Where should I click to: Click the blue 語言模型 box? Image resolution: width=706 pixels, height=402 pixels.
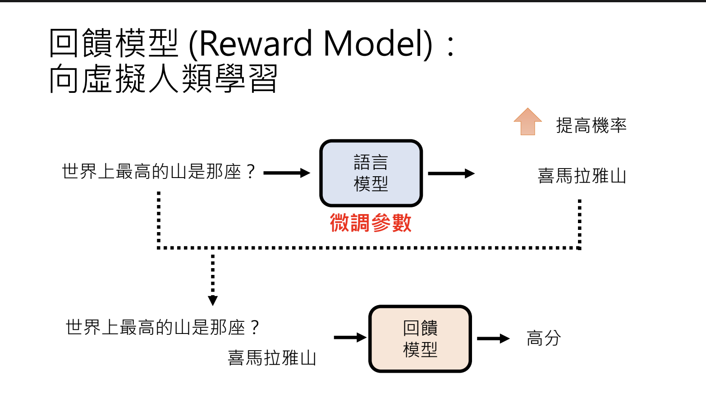click(x=371, y=173)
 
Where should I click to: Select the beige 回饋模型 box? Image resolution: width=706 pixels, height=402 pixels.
click(x=420, y=339)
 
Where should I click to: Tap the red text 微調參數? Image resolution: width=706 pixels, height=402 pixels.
click(x=371, y=223)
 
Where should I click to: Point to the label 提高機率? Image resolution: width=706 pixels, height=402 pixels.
click(x=591, y=125)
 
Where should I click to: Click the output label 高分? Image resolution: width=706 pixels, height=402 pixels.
click(x=544, y=338)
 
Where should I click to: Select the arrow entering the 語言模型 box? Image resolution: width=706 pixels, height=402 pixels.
click(x=287, y=173)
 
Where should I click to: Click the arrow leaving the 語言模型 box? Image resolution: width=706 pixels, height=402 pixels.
click(x=451, y=174)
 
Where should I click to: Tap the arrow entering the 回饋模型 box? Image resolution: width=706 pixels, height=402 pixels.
click(x=350, y=338)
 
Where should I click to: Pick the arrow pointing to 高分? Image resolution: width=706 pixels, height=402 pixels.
click(x=493, y=338)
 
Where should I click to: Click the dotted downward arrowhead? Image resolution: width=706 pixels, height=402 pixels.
click(x=213, y=300)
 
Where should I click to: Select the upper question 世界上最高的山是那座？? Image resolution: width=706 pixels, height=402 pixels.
click(x=159, y=172)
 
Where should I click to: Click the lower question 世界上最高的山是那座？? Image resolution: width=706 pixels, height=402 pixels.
click(x=162, y=327)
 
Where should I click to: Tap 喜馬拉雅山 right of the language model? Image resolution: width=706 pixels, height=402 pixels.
click(x=582, y=176)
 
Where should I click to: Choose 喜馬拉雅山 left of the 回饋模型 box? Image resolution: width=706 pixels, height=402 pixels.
click(x=271, y=358)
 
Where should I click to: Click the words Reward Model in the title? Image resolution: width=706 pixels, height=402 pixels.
click(x=311, y=44)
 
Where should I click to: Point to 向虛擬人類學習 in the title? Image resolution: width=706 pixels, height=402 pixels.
click(x=163, y=78)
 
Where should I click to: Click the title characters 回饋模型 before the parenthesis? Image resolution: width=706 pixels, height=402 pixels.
click(x=114, y=43)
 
